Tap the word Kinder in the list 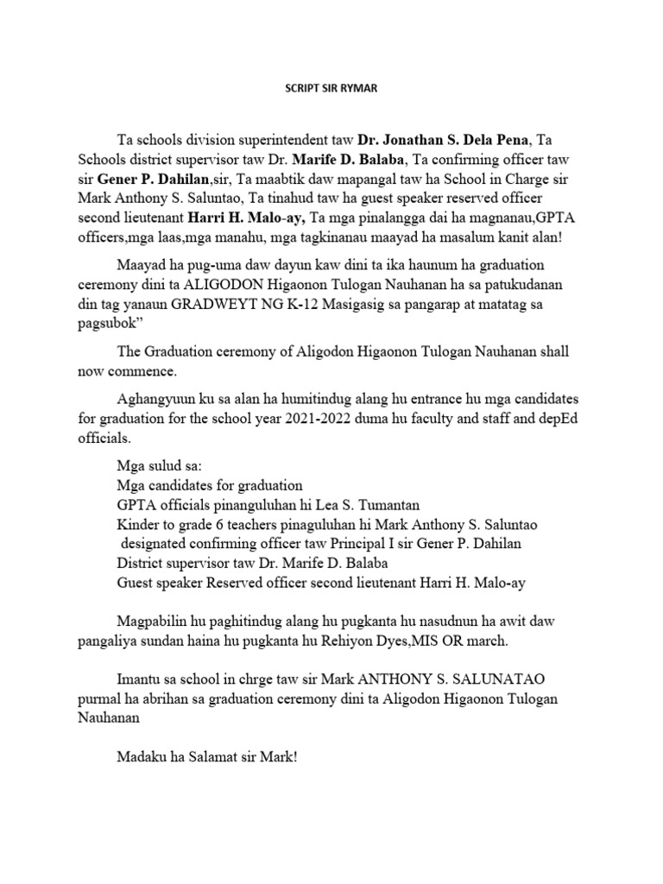click(137, 523)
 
